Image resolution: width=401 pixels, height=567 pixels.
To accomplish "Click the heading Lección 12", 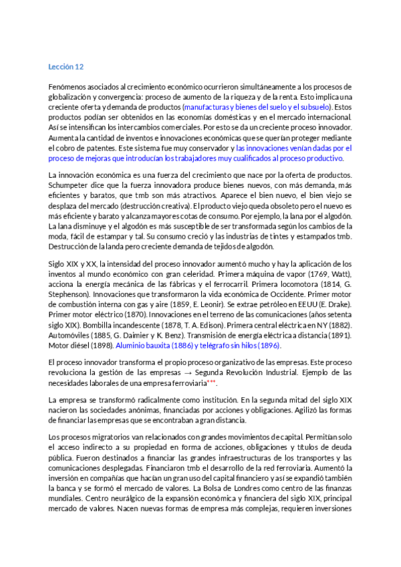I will [65, 67].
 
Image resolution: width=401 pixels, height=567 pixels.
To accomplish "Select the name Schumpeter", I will [71, 185].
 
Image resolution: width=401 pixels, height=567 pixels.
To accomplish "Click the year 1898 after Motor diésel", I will [102, 346].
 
